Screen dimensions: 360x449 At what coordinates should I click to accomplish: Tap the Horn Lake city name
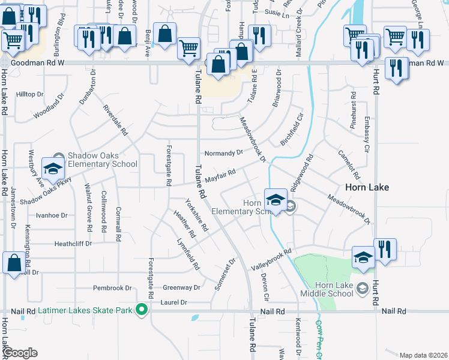[367, 187]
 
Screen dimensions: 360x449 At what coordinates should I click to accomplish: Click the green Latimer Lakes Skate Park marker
[142, 310]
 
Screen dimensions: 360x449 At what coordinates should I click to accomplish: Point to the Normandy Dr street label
[223, 153]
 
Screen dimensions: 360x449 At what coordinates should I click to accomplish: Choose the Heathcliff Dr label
[73, 244]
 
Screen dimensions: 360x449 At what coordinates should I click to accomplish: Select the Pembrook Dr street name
[112, 288]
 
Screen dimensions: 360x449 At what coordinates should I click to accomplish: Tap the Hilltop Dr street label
[30, 94]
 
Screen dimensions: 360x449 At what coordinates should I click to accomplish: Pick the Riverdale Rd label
[116, 119]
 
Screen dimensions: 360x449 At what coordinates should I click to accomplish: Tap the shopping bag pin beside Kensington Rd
[13, 263]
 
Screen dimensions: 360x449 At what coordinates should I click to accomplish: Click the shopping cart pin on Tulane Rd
[189, 48]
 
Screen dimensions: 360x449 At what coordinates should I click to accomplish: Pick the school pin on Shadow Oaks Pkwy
[52, 169]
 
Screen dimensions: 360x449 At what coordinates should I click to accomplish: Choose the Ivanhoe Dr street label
[52, 215]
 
